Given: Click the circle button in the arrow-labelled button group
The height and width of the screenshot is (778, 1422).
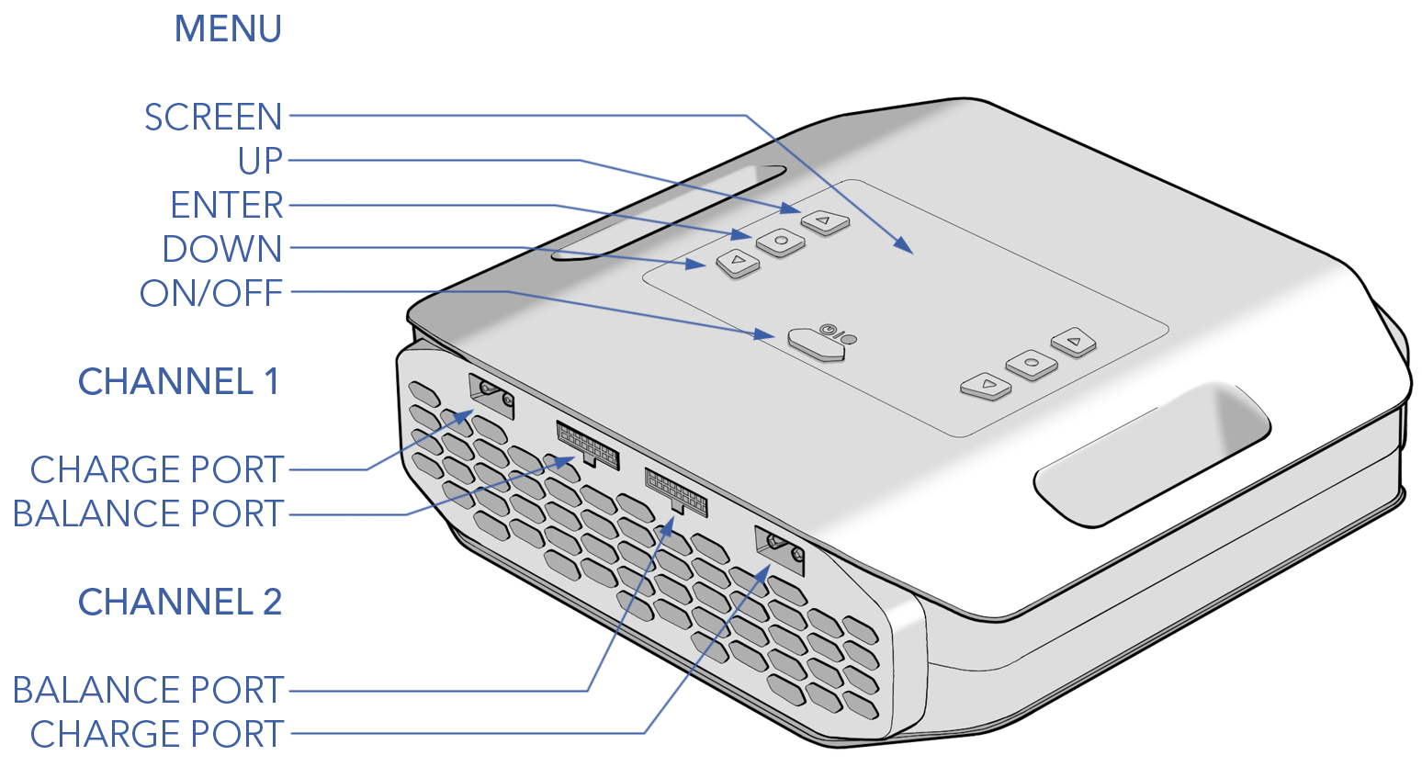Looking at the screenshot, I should [781, 242].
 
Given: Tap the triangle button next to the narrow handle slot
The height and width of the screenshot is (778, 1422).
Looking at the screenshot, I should [825, 221].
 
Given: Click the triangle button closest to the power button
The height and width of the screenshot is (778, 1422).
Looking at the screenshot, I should [738, 264].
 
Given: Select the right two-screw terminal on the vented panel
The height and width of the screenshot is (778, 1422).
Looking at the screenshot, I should [779, 548].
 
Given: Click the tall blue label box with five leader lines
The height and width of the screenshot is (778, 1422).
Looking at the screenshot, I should [211, 160].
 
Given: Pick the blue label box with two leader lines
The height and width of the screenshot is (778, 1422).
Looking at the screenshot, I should [150, 490].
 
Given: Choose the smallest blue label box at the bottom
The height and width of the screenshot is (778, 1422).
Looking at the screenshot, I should [150, 711].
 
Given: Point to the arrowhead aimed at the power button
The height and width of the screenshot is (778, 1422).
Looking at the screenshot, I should [765, 335].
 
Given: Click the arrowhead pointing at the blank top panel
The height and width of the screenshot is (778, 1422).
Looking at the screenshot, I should [905, 246].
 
